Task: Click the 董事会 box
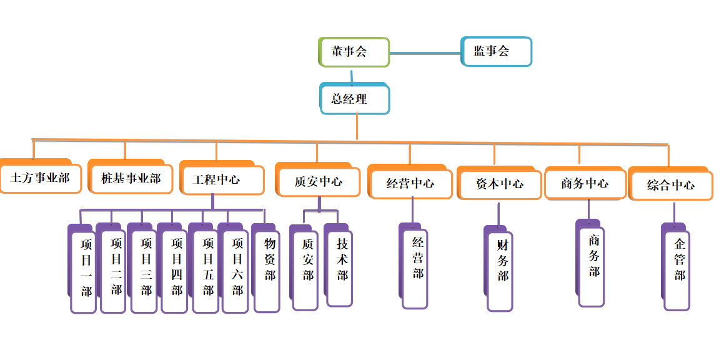point(354,52)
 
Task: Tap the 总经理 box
point(355,99)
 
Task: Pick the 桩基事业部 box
point(131,179)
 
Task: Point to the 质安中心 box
point(318,182)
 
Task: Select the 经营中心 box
point(410,184)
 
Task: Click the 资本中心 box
point(500,184)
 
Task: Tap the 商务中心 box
point(585,184)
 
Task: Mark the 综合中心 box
point(670,185)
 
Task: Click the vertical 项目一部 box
point(84,271)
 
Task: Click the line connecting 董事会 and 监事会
point(425,53)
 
